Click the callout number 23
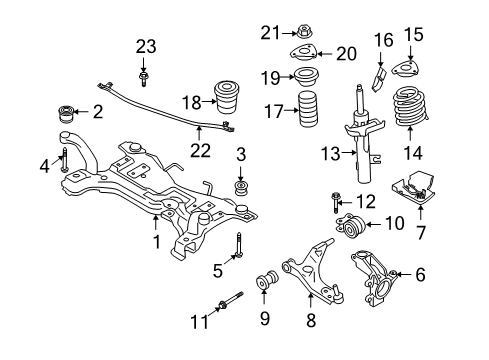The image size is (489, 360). (146, 45)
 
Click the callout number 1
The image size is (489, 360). (156, 241)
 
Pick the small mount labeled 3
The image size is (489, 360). (240, 187)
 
